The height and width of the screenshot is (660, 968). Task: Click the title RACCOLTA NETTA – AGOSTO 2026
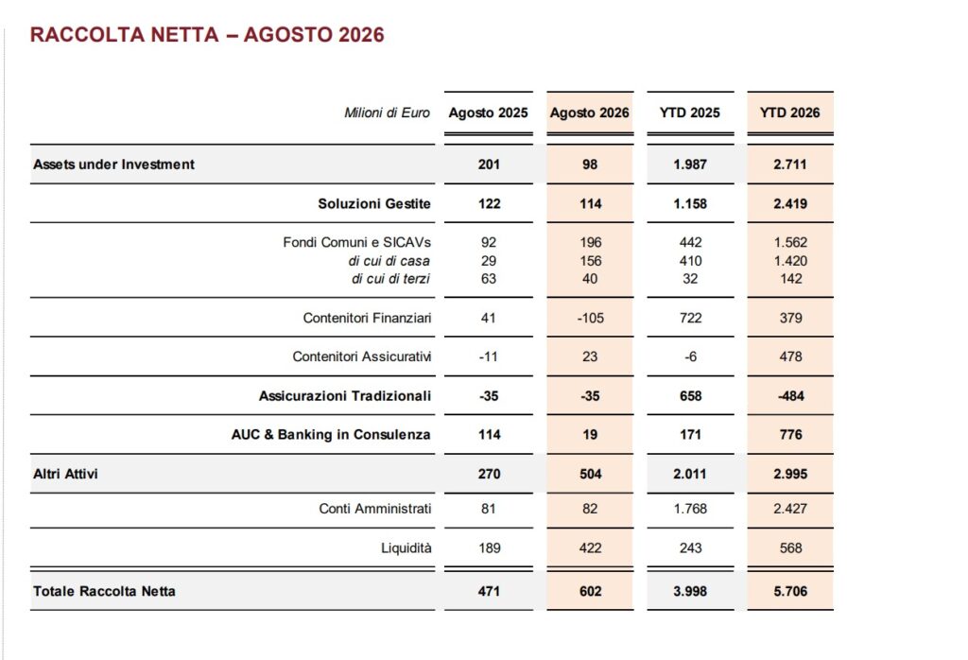point(207,35)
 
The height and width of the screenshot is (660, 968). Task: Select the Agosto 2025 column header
point(489,113)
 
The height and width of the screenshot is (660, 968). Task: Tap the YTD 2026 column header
point(789,113)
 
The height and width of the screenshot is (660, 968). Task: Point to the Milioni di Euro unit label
point(387,113)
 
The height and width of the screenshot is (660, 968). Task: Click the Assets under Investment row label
point(113,165)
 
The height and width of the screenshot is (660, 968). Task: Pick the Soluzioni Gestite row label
point(374,203)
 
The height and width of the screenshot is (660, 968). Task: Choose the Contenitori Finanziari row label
point(367,318)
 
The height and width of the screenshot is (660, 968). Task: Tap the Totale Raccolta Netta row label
point(104,592)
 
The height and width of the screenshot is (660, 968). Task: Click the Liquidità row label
point(406,548)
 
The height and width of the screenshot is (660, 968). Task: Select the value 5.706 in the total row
point(790,592)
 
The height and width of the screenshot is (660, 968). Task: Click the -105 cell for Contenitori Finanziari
point(590,318)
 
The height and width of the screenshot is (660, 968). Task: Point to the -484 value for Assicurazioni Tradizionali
point(791,396)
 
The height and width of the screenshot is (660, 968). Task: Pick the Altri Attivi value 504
point(590,474)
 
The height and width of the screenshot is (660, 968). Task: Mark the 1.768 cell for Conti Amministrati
point(690,509)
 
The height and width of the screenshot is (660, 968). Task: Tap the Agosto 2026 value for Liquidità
point(590,548)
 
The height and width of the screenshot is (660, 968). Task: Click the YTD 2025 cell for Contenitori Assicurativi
point(691,356)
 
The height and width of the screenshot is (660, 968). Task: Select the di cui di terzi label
point(390,279)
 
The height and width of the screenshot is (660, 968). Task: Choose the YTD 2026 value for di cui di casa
point(791,261)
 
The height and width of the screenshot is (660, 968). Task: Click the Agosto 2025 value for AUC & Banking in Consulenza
point(489,435)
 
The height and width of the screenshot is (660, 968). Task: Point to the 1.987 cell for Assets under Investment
point(690,165)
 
